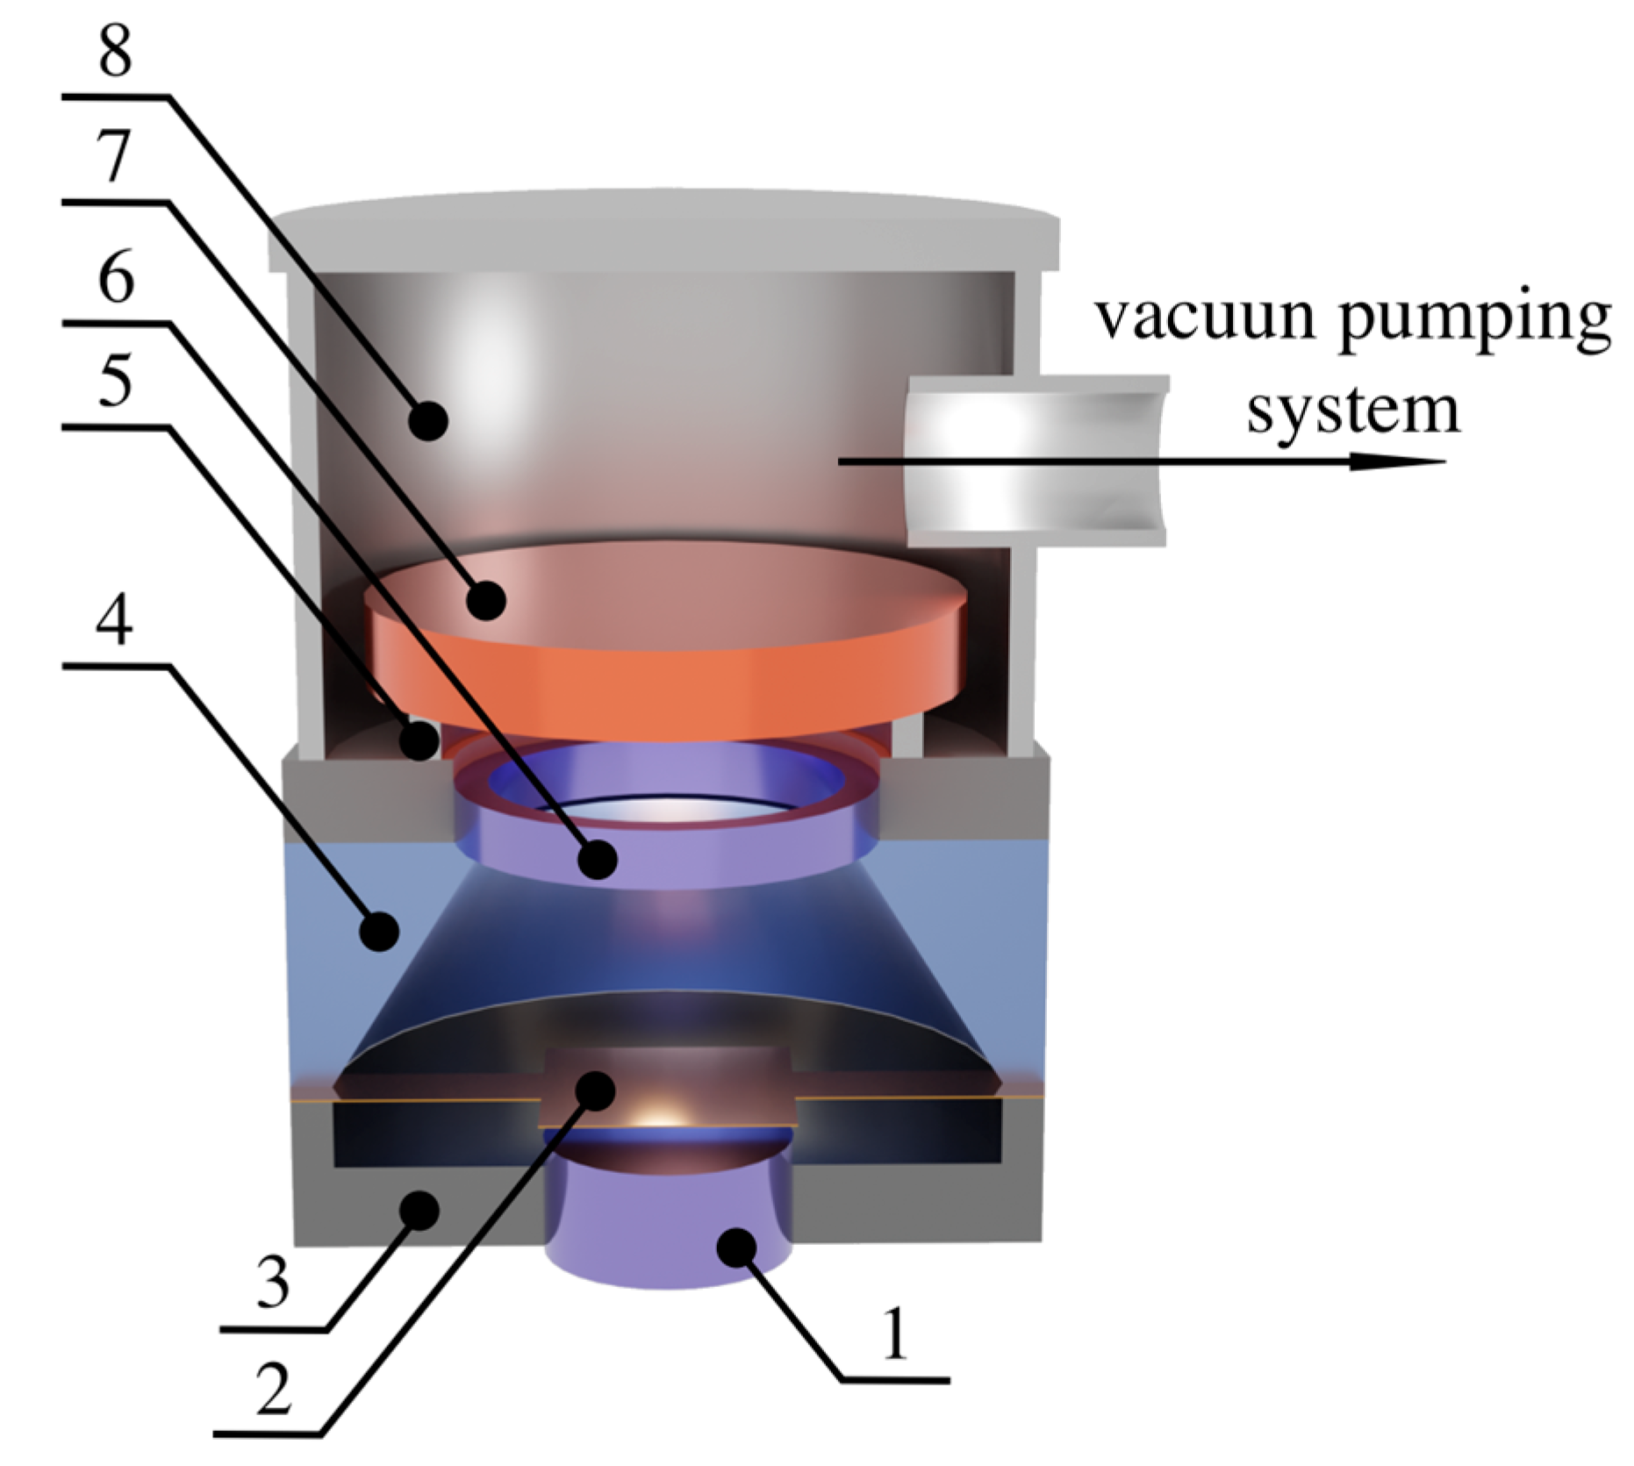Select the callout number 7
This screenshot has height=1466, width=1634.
pyautogui.click(x=116, y=158)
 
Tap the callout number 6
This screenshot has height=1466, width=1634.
pyautogui.click(x=116, y=279)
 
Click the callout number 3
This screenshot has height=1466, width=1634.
pyautogui.click(x=273, y=1283)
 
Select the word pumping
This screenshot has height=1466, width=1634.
pyautogui.click(x=1474, y=321)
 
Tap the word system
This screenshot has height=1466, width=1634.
pyautogui.click(x=1353, y=411)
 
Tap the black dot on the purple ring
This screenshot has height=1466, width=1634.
pyautogui.click(x=598, y=858)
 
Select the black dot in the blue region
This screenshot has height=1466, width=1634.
pyautogui.click(x=380, y=931)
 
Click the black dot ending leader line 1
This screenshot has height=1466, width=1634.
pyautogui.click(x=736, y=1247)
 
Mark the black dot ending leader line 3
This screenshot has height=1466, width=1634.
pyautogui.click(x=419, y=1211)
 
